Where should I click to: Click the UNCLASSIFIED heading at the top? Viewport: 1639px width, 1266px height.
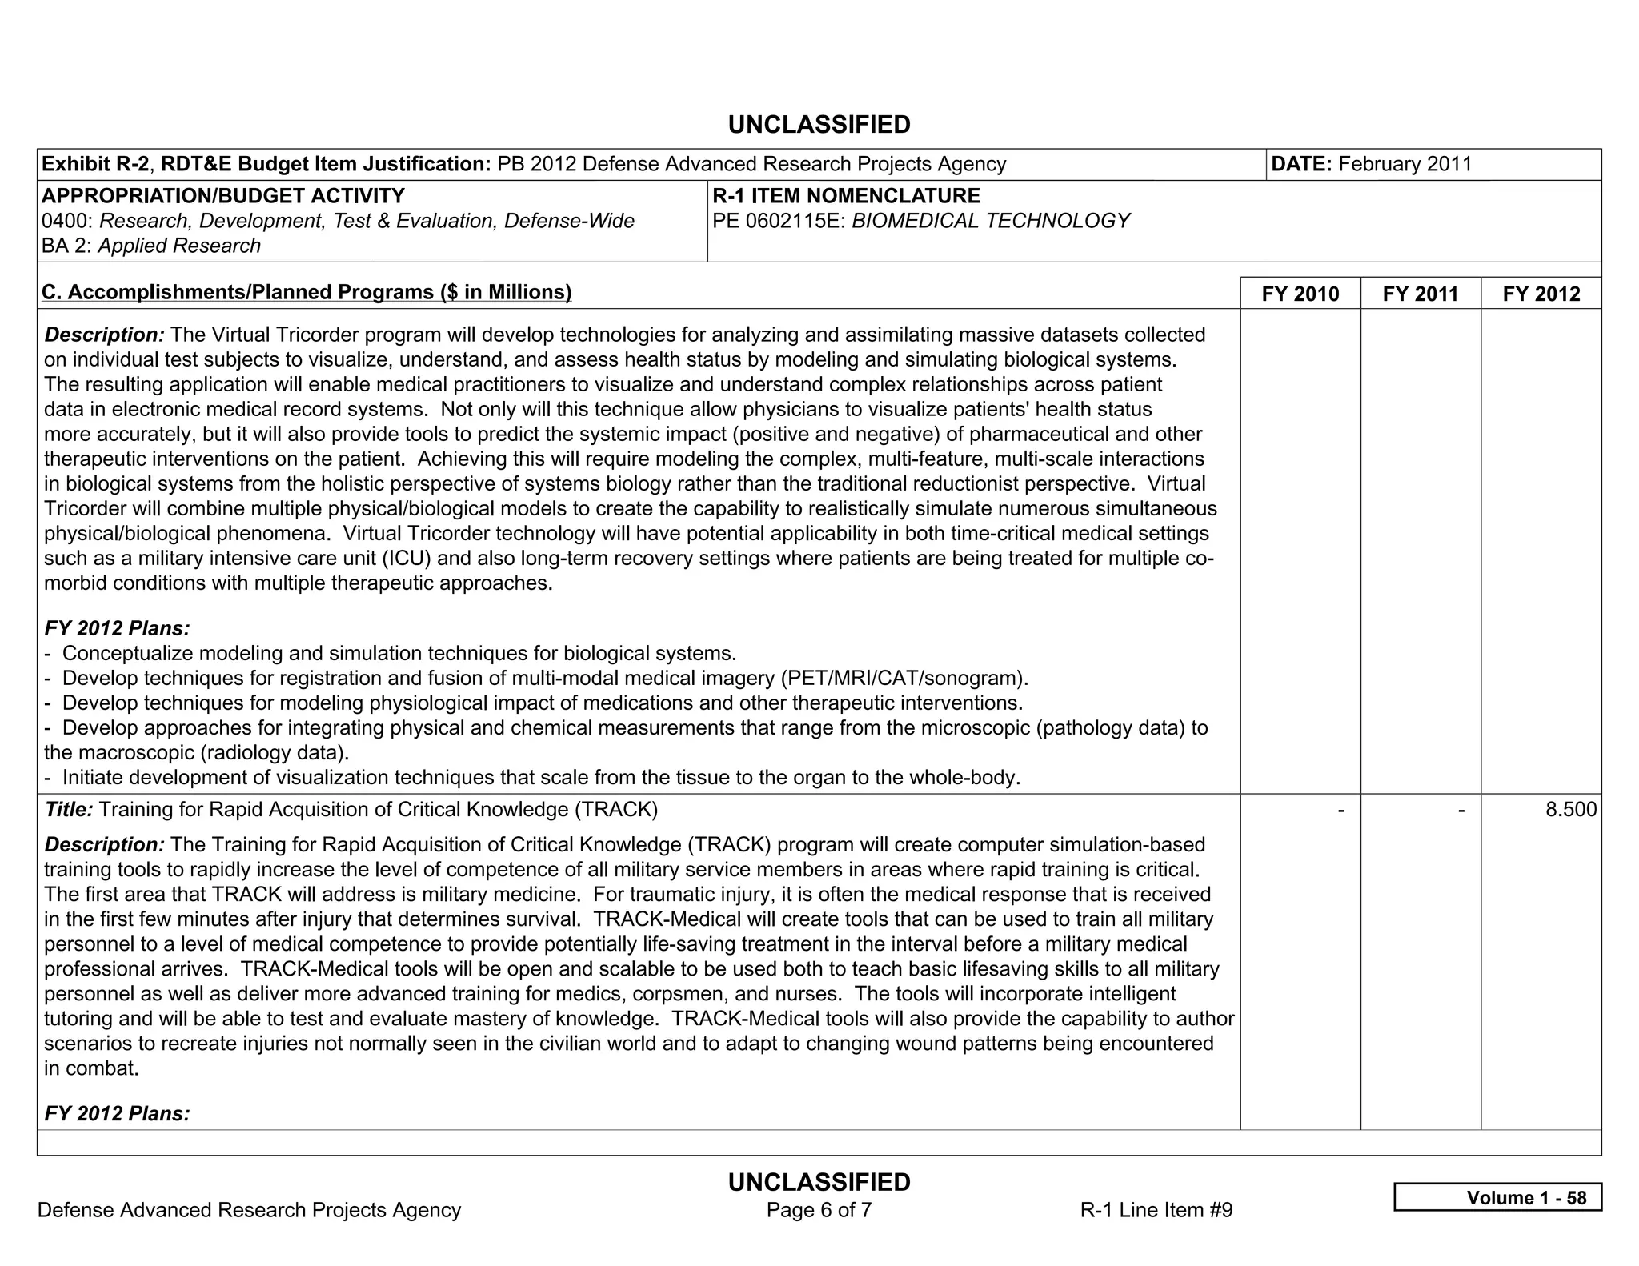(819, 125)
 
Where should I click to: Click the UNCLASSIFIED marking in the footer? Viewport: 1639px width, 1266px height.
(819, 1182)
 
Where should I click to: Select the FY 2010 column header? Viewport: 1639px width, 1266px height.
(1300, 294)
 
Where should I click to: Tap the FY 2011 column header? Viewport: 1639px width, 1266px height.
(1420, 294)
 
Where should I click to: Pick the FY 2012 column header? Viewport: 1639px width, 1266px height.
(1541, 294)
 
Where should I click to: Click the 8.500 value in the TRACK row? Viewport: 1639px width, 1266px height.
(1570, 810)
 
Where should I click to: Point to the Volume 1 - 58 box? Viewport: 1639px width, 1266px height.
(1497, 1197)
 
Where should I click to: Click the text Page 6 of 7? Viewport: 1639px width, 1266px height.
(819, 1210)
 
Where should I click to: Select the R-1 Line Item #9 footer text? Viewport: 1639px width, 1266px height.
(1156, 1210)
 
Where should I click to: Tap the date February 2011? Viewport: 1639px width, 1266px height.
(1405, 164)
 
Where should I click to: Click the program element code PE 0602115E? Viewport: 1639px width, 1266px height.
(778, 221)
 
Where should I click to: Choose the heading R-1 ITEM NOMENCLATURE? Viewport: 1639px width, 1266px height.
(846, 196)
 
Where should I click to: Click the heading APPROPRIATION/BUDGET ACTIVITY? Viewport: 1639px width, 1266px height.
(222, 196)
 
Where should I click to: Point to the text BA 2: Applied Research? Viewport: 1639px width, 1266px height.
(151, 246)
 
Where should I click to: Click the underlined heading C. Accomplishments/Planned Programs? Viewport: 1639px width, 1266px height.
(307, 292)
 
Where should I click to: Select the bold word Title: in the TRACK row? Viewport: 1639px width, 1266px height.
(69, 810)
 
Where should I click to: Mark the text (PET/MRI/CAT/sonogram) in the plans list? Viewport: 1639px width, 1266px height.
(902, 679)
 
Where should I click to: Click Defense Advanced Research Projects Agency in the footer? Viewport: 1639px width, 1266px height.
(249, 1210)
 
